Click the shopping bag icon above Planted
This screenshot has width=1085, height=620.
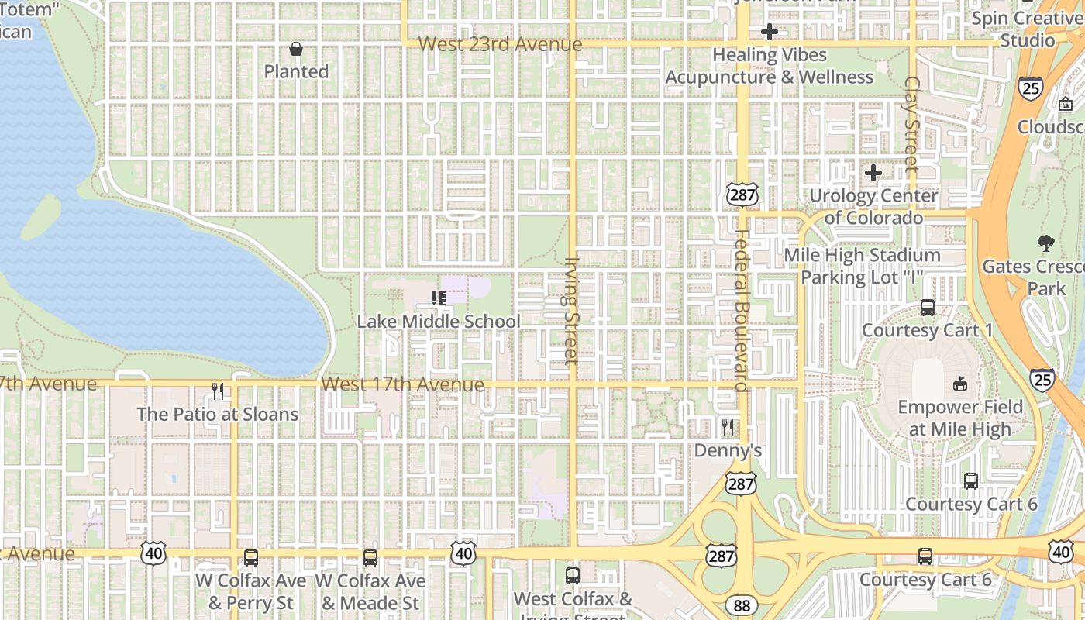pyautogui.click(x=295, y=50)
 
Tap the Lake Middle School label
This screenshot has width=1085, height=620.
pyautogui.click(x=439, y=322)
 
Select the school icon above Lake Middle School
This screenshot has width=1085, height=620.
pyautogui.click(x=439, y=298)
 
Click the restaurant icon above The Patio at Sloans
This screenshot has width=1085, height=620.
pyautogui.click(x=218, y=391)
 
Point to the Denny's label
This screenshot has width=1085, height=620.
pyautogui.click(x=728, y=450)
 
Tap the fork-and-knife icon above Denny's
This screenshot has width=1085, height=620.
pyautogui.click(x=727, y=427)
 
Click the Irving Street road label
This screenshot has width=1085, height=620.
pyautogui.click(x=572, y=311)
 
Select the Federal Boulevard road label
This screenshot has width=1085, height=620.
pyautogui.click(x=741, y=310)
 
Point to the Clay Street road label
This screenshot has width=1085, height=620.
pyautogui.click(x=911, y=124)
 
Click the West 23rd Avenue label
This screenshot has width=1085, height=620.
pyautogui.click(x=500, y=44)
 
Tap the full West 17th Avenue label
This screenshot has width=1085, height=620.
pyautogui.click(x=402, y=384)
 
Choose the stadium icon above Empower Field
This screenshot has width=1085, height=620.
pyautogui.click(x=960, y=384)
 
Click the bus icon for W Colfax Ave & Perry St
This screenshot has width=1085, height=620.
pyautogui.click(x=250, y=557)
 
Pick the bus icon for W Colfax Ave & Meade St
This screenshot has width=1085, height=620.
pyautogui.click(x=370, y=557)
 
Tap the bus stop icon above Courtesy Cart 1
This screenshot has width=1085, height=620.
pyautogui.click(x=928, y=307)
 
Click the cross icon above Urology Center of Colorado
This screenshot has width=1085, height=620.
pyautogui.click(x=873, y=173)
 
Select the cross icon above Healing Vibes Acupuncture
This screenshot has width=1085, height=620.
pyautogui.click(x=769, y=32)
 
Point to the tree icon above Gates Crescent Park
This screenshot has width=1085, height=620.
pyautogui.click(x=1045, y=243)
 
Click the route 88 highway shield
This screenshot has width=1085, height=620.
pyautogui.click(x=742, y=605)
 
